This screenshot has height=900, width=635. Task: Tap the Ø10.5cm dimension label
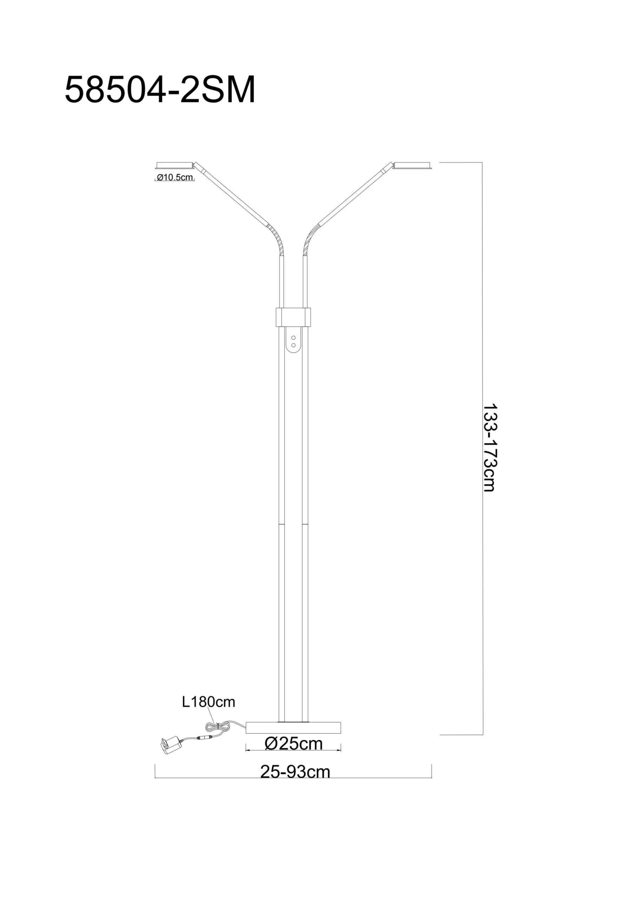coord(175,177)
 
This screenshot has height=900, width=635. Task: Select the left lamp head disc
coord(175,165)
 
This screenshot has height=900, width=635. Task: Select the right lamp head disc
coord(413,165)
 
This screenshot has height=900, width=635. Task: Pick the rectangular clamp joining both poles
coord(293,317)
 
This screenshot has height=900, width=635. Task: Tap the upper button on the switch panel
coord(293,337)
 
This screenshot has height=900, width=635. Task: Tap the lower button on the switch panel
coord(293,345)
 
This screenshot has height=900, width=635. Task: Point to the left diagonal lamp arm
coord(231,194)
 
